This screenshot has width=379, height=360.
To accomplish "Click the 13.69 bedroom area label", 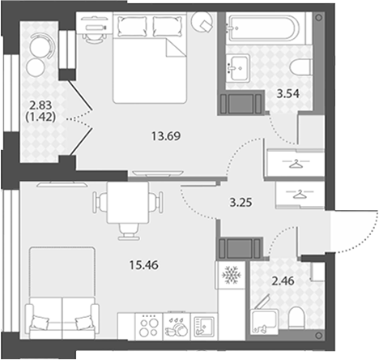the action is [x=166, y=136].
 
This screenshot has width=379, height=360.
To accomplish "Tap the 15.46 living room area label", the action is [x=144, y=265].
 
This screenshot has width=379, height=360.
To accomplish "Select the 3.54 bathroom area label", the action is [x=288, y=94].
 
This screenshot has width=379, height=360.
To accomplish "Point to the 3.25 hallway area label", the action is [x=241, y=202].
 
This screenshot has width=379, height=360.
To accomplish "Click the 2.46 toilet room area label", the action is [x=283, y=281].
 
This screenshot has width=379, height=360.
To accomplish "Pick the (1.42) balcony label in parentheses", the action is [x=40, y=117].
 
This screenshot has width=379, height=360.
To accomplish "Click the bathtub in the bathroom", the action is [x=264, y=28].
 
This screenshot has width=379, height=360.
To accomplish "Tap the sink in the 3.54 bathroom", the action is [x=237, y=67].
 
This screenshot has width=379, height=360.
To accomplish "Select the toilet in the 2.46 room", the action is [x=296, y=318].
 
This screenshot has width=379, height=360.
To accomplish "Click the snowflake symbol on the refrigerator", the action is [x=231, y=275].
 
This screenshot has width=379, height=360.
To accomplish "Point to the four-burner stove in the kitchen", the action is [x=149, y=326].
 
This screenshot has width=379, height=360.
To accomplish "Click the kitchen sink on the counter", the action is [x=204, y=326].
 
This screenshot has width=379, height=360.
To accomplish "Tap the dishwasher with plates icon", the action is [x=177, y=326].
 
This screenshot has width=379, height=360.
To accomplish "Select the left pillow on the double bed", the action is [x=133, y=26].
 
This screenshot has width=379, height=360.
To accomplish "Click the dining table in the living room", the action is [x=128, y=203].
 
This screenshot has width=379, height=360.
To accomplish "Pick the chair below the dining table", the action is [x=129, y=232].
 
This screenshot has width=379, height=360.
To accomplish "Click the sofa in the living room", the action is [x=62, y=317].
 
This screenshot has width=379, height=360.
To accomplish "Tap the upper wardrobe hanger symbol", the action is [x=296, y=164].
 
